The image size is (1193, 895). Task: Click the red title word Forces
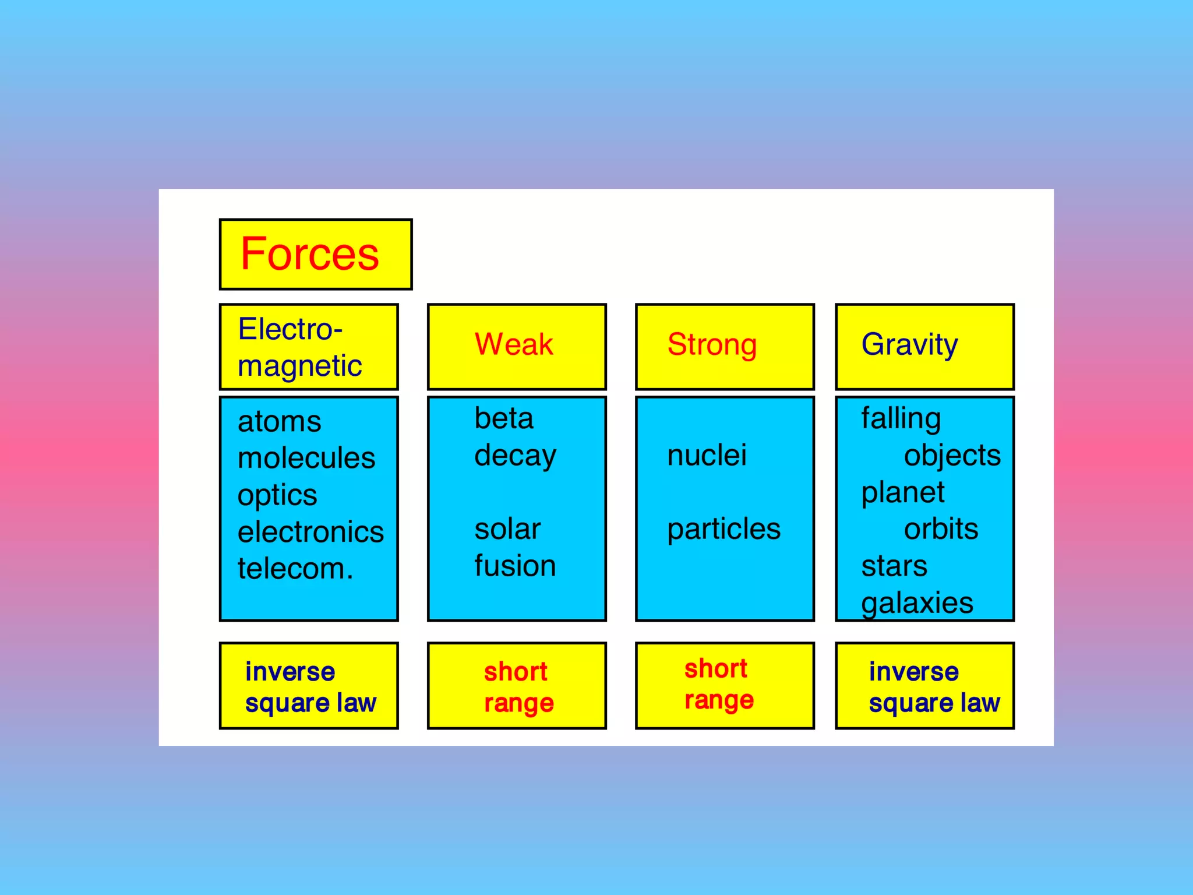pyautogui.click(x=309, y=254)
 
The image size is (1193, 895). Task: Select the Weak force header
pyautogui.click(x=514, y=344)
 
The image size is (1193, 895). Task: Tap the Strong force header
pyautogui.click(x=712, y=344)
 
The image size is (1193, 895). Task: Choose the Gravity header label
pyautogui.click(x=909, y=344)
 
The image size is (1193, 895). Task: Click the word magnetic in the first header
pyautogui.click(x=299, y=367)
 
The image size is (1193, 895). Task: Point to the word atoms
pyautogui.click(x=279, y=421)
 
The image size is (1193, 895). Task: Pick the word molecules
pyautogui.click(x=306, y=458)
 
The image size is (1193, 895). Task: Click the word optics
pyautogui.click(x=277, y=495)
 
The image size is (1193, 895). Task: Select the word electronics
pyautogui.click(x=310, y=532)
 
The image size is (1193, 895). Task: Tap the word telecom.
pyautogui.click(x=295, y=569)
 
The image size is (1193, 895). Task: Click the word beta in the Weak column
pyautogui.click(x=504, y=418)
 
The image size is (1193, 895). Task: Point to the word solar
pyautogui.click(x=507, y=529)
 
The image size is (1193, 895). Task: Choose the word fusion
pyautogui.click(x=515, y=566)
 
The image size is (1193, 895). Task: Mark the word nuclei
pyautogui.click(x=707, y=455)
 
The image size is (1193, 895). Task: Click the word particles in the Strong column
pyautogui.click(x=723, y=529)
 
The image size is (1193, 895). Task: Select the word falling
pyautogui.click(x=901, y=419)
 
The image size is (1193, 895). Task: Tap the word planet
pyautogui.click(x=902, y=493)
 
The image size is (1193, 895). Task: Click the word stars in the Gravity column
pyautogui.click(x=894, y=566)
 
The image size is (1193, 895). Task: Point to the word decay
pyautogui.click(x=515, y=456)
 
